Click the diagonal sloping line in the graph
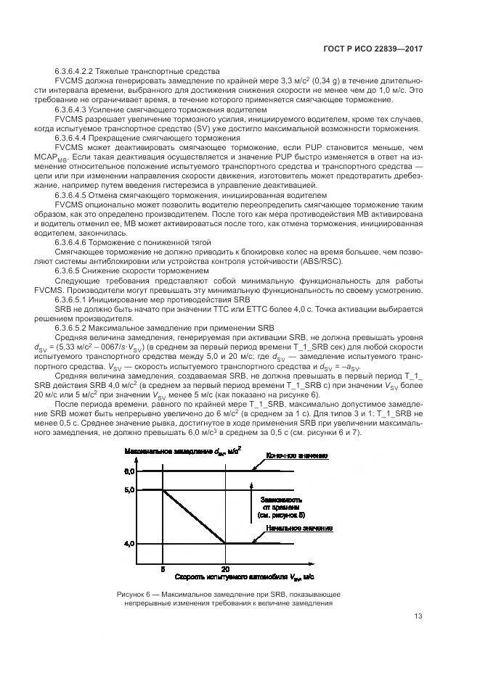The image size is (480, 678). point(195,516)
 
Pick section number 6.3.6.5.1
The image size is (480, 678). point(76,299)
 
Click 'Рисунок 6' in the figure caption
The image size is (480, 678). point(134,594)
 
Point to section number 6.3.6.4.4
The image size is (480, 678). point(76,137)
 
